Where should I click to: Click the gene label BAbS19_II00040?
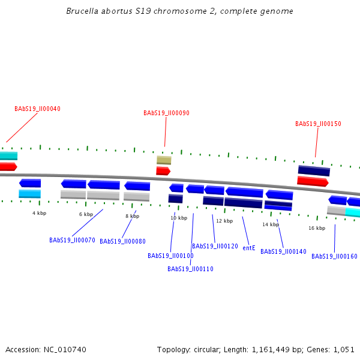coord(37,109)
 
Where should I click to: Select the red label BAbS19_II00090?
coord(166,113)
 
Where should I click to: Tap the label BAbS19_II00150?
coord(318,124)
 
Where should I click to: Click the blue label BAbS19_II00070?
coord(72,241)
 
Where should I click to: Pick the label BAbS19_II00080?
coord(122,242)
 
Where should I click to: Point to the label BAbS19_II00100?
coord(170,256)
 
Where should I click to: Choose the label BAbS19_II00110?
coord(190,269)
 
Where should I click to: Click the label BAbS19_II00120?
coord(215,247)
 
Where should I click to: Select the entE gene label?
coord(249,248)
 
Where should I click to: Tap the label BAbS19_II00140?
coord(283,252)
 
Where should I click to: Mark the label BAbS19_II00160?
coord(334,257)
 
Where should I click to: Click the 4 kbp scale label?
coord(39,213)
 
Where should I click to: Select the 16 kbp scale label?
coord(317,228)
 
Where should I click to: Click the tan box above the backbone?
coord(164,160)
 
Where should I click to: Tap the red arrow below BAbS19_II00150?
coord(313,181)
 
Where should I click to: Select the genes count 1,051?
coord(343,349)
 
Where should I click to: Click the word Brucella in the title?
coord(83,11)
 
